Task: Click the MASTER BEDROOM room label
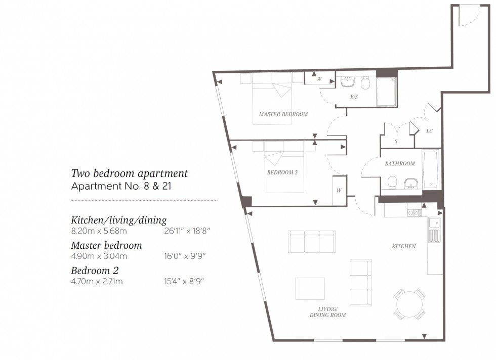pyautogui.click(x=283, y=114)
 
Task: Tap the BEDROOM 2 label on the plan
pyautogui.click(x=282, y=172)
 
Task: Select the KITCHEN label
pyautogui.click(x=403, y=246)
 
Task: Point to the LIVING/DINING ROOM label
pyautogui.click(x=327, y=312)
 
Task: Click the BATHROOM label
pyautogui.click(x=399, y=163)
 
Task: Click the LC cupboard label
pyautogui.click(x=429, y=131)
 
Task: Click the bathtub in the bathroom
pyautogui.click(x=431, y=169)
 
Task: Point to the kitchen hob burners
pyautogui.click(x=414, y=213)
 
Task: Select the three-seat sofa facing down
pyautogui.click(x=311, y=241)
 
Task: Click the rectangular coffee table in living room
pyautogui.click(x=310, y=288)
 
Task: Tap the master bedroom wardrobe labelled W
pyautogui.click(x=319, y=79)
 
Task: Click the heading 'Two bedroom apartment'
pyautogui.click(x=129, y=173)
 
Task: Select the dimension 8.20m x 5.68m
pyautogui.click(x=99, y=231)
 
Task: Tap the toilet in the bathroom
pyautogui.click(x=392, y=182)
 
